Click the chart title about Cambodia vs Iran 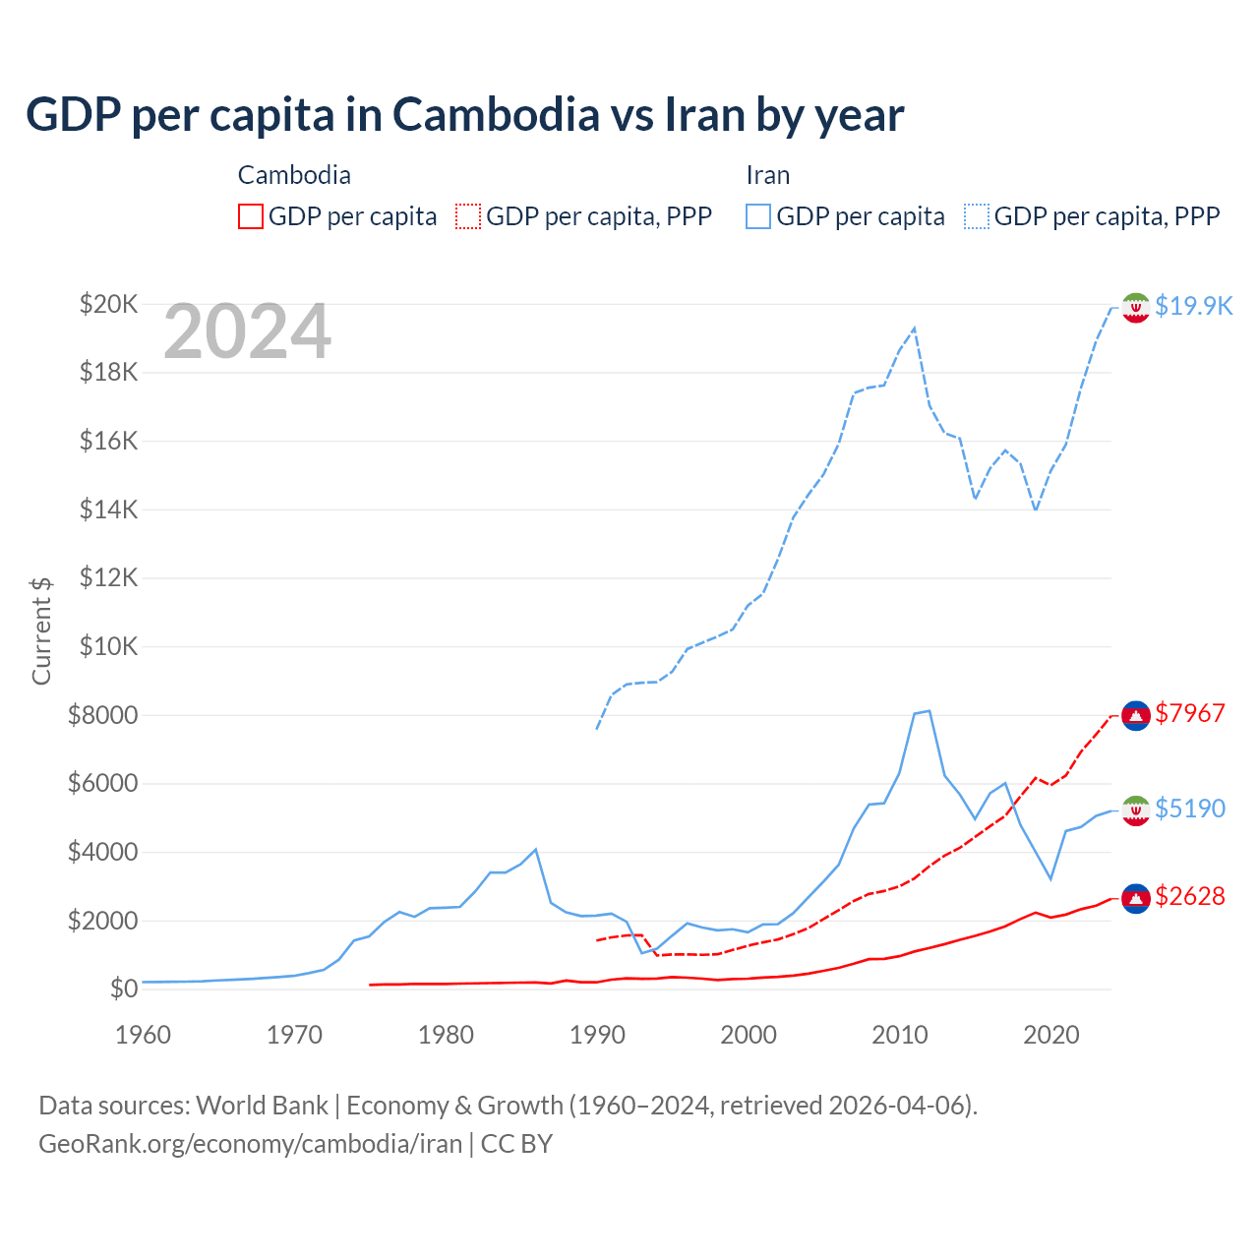point(464,115)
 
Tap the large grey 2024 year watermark point(247,332)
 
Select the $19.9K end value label point(1193,306)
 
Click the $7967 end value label point(1190,713)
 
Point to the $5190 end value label point(1190,809)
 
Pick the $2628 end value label point(1190,896)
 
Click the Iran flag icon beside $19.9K point(1136,308)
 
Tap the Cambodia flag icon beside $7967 point(1136,715)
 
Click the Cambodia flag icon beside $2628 point(1136,898)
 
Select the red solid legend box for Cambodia point(251,216)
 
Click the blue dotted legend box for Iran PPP point(977,216)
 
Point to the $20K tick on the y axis point(108,304)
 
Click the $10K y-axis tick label point(108,647)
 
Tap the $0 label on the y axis point(123,989)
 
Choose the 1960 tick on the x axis point(144,1035)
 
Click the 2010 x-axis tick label point(900,1035)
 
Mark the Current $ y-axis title point(41,630)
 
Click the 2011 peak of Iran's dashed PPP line point(915,329)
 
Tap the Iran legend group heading point(768,175)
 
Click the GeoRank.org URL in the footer point(250,1144)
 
